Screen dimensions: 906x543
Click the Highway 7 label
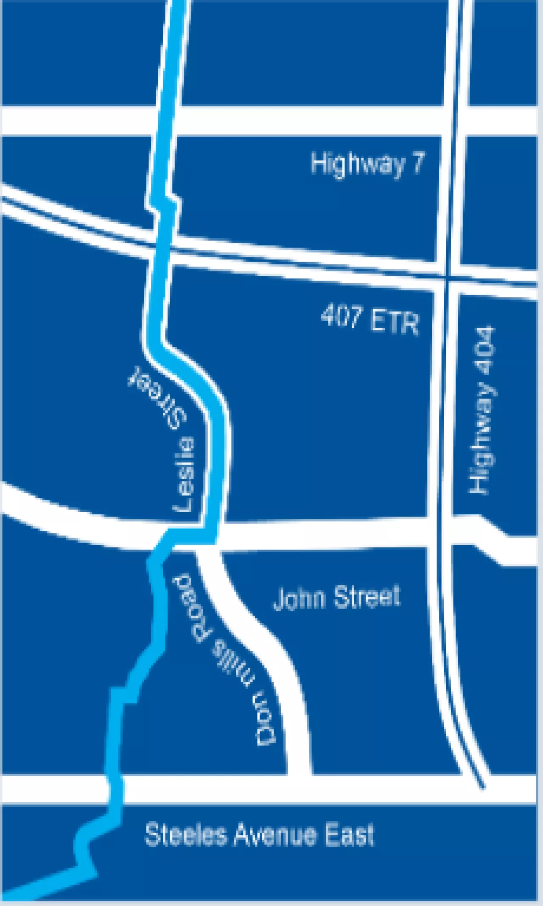click(367, 164)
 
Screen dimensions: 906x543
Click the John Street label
click(336, 597)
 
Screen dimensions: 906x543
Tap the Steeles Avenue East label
click(260, 835)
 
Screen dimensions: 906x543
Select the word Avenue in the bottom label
click(275, 835)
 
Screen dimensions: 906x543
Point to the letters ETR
click(394, 322)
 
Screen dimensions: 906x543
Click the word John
click(299, 598)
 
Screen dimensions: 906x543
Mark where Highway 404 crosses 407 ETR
click(447, 278)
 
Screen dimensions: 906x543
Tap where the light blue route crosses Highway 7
click(166, 121)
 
